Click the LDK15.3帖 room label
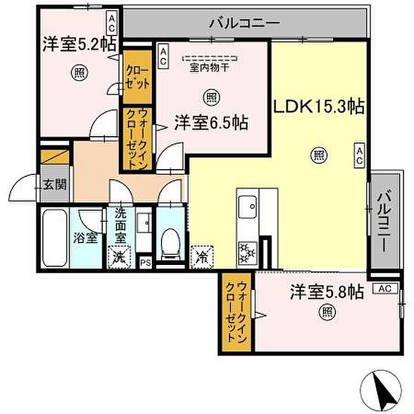319,106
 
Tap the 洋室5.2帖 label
79,44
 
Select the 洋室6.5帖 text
211,123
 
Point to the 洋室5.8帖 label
327,292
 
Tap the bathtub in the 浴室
54,238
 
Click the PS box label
145,263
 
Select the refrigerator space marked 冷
202,257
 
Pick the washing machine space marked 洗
119,257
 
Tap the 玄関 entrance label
54,184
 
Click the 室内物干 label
209,68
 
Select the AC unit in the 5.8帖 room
385,289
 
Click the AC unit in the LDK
360,156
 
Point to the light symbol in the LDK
319,156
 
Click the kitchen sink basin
247,207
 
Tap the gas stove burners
247,254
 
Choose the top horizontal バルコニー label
244,23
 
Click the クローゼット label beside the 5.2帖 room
137,77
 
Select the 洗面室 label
121,225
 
